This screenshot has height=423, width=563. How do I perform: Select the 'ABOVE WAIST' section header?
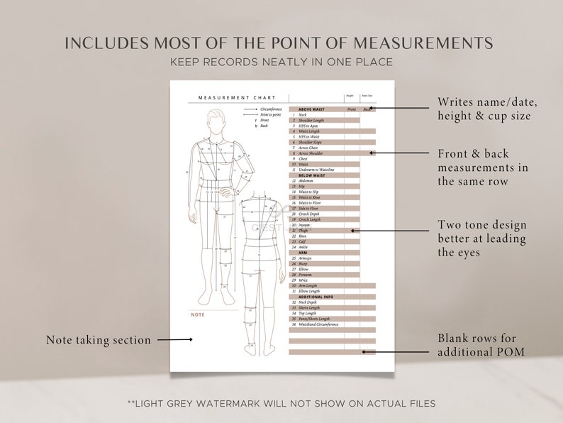[311, 109]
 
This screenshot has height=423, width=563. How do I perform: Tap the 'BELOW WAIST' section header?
[311, 175]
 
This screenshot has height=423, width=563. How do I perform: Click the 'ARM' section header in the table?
[303, 253]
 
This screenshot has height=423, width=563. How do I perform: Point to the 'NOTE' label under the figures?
[198, 314]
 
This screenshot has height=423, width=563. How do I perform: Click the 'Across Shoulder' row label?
[312, 153]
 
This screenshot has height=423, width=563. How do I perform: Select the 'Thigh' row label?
[303, 231]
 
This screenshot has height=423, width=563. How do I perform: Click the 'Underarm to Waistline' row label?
[316, 170]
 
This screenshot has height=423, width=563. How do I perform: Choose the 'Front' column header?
[352, 109]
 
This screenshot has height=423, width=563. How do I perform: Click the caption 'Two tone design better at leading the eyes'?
[482, 238]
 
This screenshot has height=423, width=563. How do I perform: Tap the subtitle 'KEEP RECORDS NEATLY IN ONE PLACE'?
[281, 62]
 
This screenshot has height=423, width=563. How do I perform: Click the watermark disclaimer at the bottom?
[281, 403]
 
